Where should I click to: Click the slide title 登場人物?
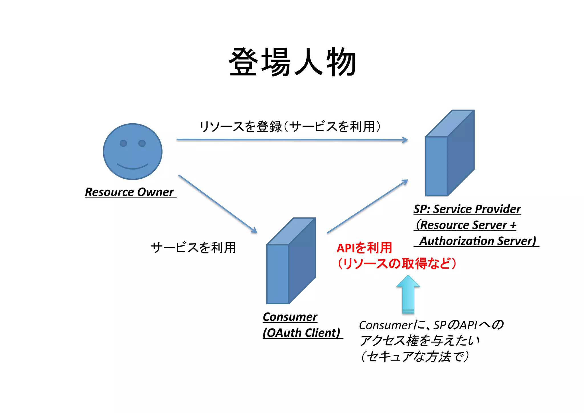(293, 62)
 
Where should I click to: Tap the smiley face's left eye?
(123, 143)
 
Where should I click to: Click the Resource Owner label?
(129, 192)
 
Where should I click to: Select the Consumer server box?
(291, 261)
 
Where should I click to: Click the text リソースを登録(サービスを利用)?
(290, 126)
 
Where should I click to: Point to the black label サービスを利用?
(193, 247)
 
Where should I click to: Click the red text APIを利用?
(364, 248)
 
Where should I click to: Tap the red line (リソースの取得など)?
(397, 263)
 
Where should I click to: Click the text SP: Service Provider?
(467, 209)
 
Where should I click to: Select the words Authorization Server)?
(478, 241)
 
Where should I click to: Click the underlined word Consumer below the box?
(290, 317)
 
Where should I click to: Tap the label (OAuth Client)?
(301, 333)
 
